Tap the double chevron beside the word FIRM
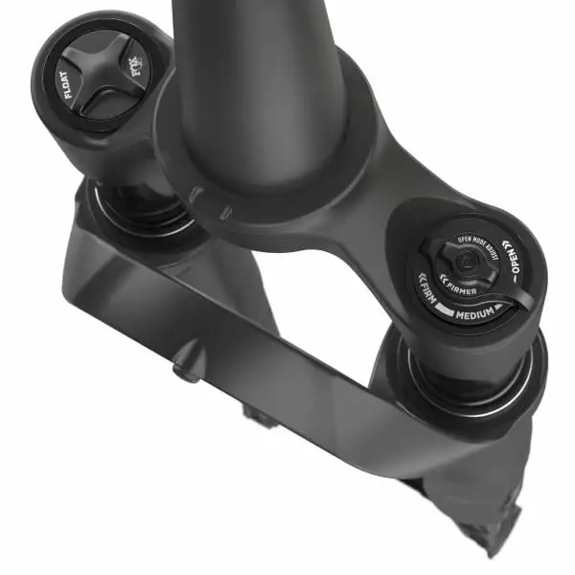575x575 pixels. click(423, 280)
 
